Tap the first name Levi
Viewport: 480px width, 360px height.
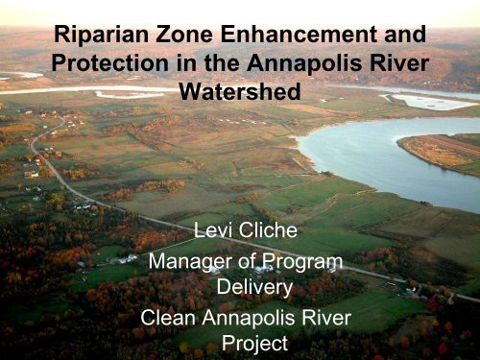[213, 230]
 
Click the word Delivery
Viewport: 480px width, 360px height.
[239, 287]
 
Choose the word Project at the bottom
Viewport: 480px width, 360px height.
[239, 343]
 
